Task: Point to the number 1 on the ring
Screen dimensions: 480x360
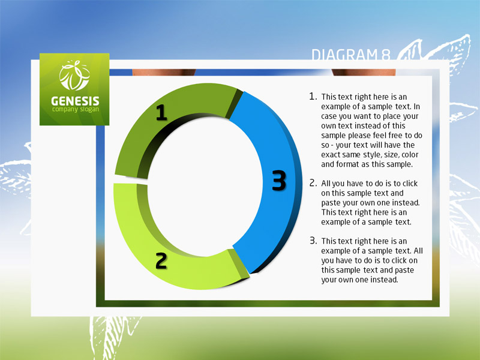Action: click(161, 112)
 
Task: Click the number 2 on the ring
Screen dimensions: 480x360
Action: click(161, 261)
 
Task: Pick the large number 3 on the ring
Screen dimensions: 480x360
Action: click(279, 181)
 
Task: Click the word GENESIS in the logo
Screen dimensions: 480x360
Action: click(75, 101)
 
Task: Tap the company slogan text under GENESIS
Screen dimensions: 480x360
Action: click(76, 109)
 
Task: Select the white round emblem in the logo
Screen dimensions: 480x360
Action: click(74, 76)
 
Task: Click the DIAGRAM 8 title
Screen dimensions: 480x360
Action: click(351, 55)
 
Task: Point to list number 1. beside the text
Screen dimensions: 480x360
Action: click(313, 96)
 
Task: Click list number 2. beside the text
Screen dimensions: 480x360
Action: click(313, 183)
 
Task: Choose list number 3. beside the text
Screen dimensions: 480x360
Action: click(313, 241)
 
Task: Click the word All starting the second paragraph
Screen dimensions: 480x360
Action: click(326, 184)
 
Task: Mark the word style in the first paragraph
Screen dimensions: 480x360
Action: click(371, 155)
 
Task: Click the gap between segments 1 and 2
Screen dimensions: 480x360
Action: click(130, 181)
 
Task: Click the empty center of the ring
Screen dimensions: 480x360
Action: click(205, 187)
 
